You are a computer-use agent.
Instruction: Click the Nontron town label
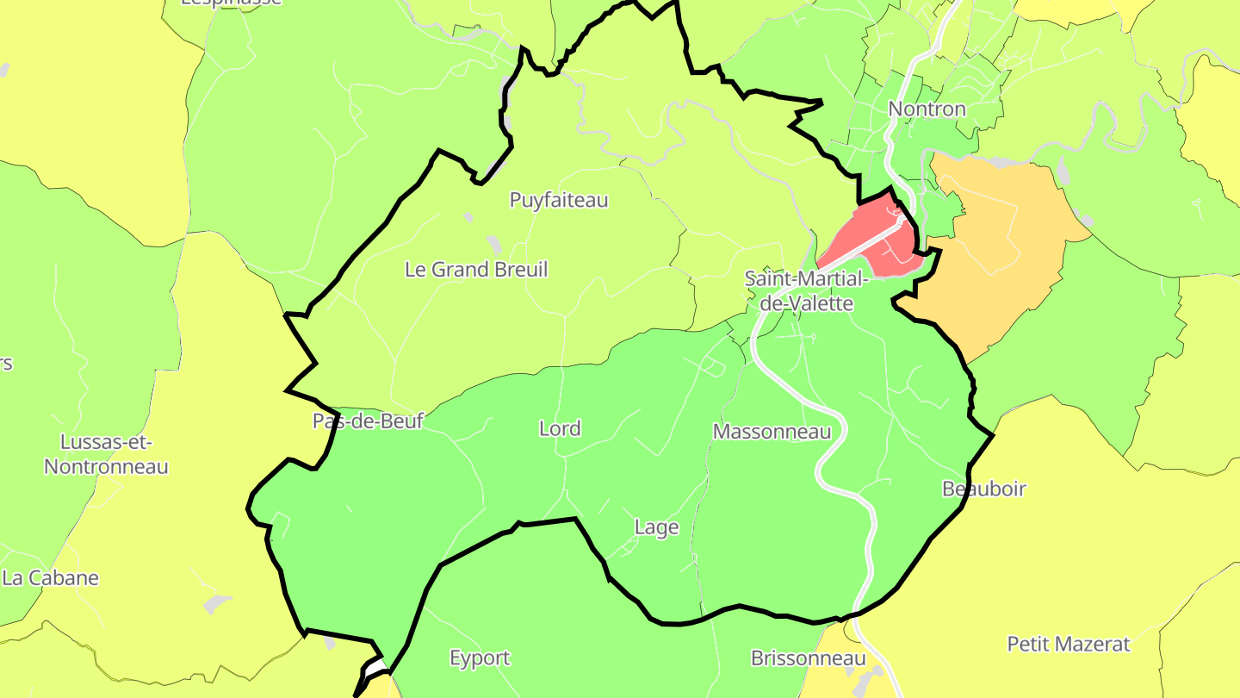click(x=927, y=109)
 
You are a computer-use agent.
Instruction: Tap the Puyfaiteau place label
click(x=559, y=200)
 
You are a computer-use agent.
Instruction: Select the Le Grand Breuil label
click(x=476, y=270)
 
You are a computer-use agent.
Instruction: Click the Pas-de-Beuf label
click(x=369, y=421)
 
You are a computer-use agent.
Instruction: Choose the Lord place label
click(x=560, y=428)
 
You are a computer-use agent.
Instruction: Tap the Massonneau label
click(x=772, y=432)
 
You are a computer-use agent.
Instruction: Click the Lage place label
click(x=656, y=527)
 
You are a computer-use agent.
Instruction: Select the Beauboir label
click(x=984, y=489)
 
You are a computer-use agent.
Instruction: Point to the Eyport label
click(x=480, y=658)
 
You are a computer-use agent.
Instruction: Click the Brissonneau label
click(x=808, y=659)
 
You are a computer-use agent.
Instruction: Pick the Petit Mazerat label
click(x=1069, y=644)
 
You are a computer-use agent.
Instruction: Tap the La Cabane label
click(x=51, y=578)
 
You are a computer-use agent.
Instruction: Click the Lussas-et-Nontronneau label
click(x=106, y=454)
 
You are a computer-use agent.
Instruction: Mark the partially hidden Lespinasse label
click(x=231, y=3)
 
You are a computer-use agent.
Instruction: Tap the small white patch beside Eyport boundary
click(x=375, y=668)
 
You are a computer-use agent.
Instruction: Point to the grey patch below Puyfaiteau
click(x=493, y=245)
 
